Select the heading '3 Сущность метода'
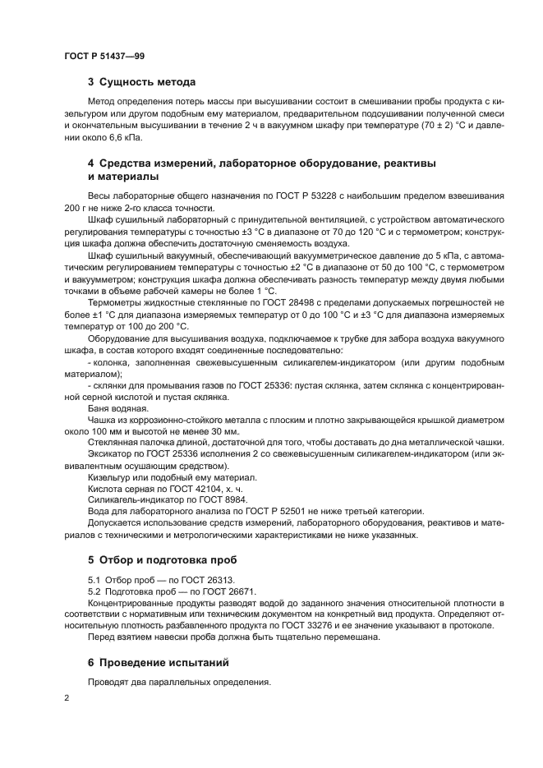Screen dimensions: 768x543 141,82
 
